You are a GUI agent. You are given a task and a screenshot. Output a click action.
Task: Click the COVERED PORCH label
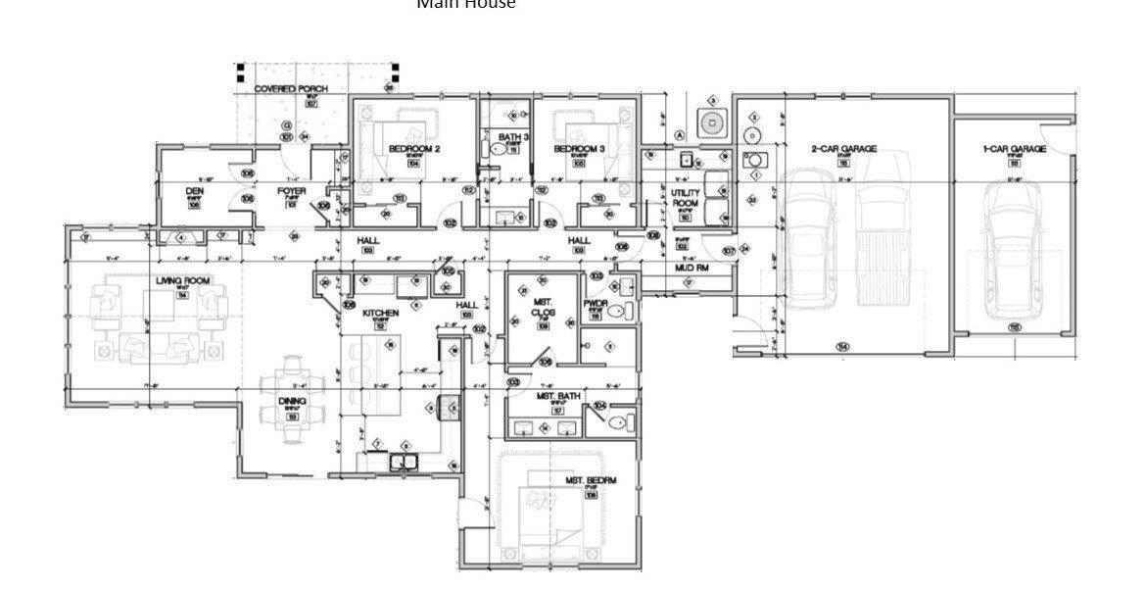click(291, 89)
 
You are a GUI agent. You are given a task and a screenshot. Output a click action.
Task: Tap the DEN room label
click(194, 191)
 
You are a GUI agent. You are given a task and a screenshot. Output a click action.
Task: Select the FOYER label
click(291, 191)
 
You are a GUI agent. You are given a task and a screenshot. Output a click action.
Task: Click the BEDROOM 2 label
click(413, 149)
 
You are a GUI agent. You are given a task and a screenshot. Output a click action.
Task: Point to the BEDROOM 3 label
click(579, 149)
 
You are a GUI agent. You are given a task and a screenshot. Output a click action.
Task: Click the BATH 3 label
click(513, 137)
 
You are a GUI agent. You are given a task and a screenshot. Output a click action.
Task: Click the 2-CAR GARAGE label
click(843, 149)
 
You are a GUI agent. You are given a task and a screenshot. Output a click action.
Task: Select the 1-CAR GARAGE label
click(1014, 149)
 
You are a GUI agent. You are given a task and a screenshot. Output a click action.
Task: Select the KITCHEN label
click(380, 314)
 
